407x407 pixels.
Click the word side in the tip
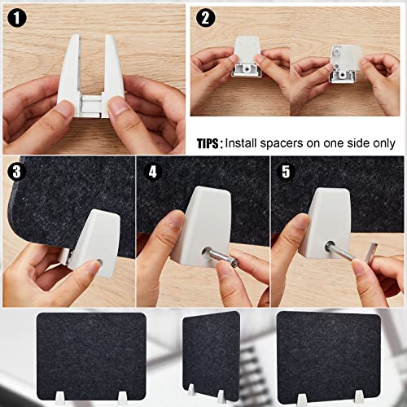pyautogui.click(x=357, y=143)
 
